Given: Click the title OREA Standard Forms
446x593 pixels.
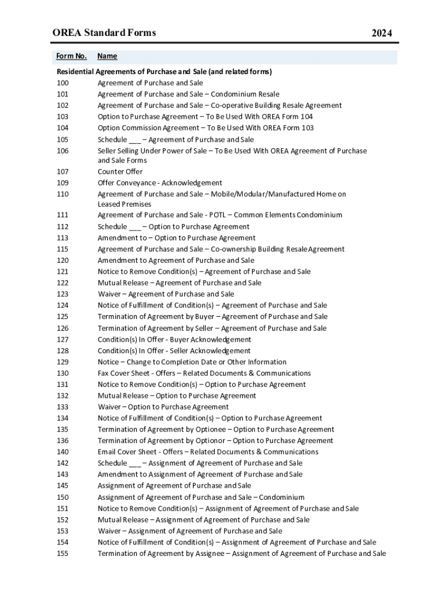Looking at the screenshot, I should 104,33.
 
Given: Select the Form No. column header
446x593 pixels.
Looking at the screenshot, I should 71,56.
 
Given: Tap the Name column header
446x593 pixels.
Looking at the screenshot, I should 107,56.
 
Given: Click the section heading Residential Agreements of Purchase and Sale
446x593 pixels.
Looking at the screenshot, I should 164,72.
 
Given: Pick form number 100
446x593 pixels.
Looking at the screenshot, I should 63,83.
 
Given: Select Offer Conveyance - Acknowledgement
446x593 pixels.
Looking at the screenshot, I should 159,183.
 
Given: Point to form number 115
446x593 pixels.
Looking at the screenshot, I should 63,249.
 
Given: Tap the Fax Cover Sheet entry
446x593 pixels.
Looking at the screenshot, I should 204,374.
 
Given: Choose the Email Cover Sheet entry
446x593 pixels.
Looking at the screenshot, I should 207,452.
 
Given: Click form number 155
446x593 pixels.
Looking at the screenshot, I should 63,554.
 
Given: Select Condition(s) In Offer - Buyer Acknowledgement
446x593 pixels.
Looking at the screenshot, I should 174,340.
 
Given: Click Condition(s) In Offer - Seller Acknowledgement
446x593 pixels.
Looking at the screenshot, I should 174,351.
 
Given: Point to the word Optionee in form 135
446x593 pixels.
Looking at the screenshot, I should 208,430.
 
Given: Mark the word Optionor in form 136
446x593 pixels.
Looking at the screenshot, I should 207,441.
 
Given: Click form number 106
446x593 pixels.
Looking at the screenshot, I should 63,151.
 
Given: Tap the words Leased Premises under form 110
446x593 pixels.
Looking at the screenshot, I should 124,204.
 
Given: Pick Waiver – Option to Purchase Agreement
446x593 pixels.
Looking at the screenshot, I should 163,407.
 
